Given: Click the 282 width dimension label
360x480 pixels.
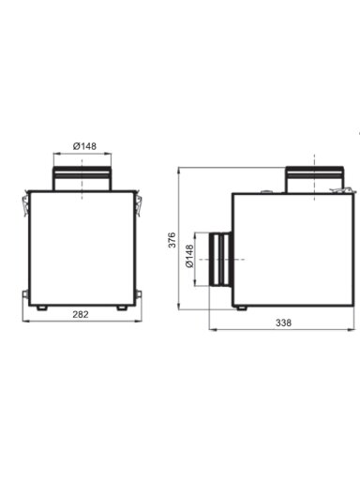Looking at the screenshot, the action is coord(81,314).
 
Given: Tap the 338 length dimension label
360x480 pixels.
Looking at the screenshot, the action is coord(283,322).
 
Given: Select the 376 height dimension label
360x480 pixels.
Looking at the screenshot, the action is coord(172,240).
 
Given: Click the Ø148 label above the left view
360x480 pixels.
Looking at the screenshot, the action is coord(84,146).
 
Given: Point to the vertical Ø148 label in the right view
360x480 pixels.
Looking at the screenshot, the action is coord(189,256).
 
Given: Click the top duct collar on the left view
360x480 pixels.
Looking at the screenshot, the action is coord(82,178).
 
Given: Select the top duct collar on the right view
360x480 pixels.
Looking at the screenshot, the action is coord(314,179).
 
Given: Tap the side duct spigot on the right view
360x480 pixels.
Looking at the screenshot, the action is coord(220,259).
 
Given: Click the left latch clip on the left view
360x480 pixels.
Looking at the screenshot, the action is coord(25,203).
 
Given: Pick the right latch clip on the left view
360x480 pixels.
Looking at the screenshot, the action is coord(138,203).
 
